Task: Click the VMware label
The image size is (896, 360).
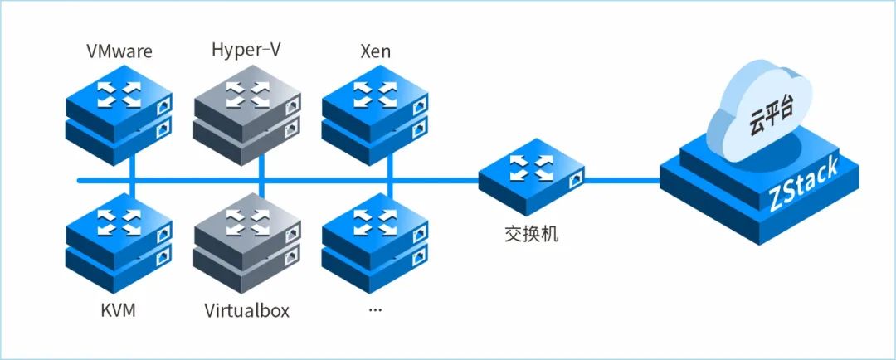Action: [119, 52]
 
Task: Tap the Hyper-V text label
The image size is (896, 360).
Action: [246, 50]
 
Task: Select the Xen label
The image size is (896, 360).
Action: [375, 52]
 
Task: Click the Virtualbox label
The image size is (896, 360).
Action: [246, 312]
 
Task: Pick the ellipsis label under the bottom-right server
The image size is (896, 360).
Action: [374, 310]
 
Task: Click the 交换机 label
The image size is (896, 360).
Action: [531, 233]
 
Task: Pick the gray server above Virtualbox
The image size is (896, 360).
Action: [247, 241]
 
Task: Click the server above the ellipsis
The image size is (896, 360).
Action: [375, 241]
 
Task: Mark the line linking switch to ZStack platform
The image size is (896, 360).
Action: [622, 179]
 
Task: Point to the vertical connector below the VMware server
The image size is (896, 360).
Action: [131, 166]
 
